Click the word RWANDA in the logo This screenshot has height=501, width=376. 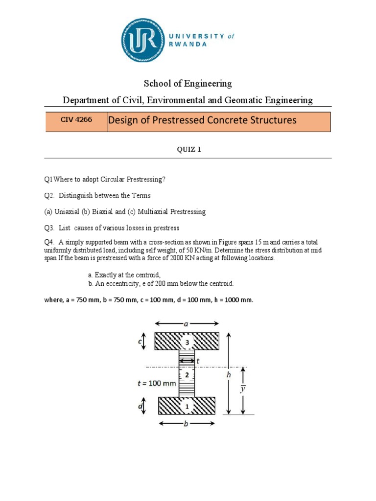point(188,44)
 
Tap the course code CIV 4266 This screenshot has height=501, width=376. point(72,119)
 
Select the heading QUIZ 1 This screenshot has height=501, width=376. point(189,150)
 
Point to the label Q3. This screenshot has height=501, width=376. point(49,228)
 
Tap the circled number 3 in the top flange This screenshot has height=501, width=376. point(187,342)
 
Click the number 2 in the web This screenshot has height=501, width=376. point(187,375)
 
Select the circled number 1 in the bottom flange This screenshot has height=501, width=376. point(187,406)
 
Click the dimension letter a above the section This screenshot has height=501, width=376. point(187,323)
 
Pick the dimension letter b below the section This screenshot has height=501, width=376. point(186,424)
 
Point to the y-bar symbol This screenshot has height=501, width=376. point(242,389)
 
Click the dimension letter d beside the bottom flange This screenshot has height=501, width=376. point(141,406)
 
